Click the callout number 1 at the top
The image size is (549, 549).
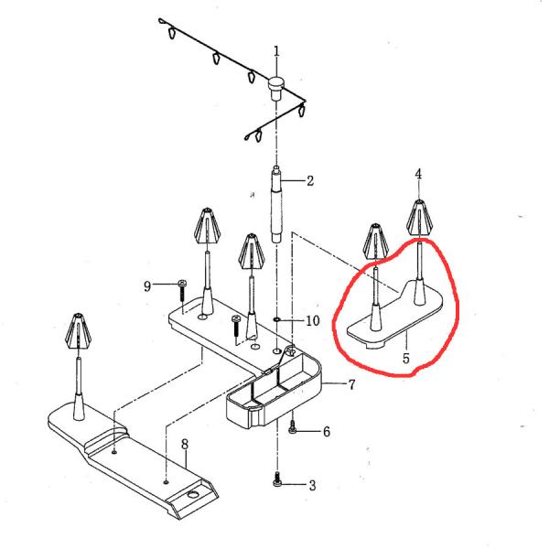click(277, 51)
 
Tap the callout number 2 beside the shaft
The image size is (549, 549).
click(310, 181)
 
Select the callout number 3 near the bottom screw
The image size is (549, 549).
click(311, 485)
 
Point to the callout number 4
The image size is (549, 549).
click(418, 174)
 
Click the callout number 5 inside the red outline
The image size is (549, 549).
click(406, 358)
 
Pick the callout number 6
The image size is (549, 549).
click(326, 431)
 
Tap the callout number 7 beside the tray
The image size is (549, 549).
click(351, 384)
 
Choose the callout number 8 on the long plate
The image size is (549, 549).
click(184, 445)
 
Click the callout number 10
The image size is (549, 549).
click(312, 321)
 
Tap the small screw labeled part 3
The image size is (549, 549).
click(277, 479)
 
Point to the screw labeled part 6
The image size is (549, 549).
click(293, 427)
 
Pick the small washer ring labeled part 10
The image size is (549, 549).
click(277, 320)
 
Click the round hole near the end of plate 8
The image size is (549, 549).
click(193, 494)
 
